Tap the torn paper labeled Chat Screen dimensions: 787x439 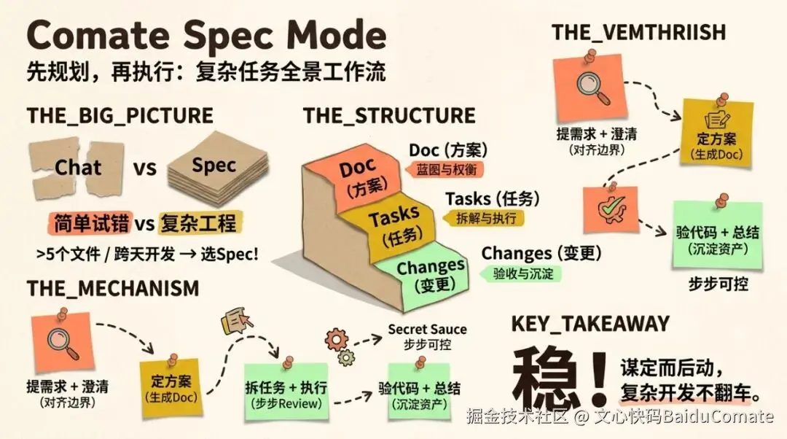(x=77, y=168)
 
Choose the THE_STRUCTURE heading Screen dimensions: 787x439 (x=389, y=115)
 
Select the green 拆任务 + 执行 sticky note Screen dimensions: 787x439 (x=285, y=390)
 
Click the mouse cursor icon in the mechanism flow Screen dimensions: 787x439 (x=238, y=320)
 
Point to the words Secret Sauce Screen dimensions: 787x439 (x=427, y=330)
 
